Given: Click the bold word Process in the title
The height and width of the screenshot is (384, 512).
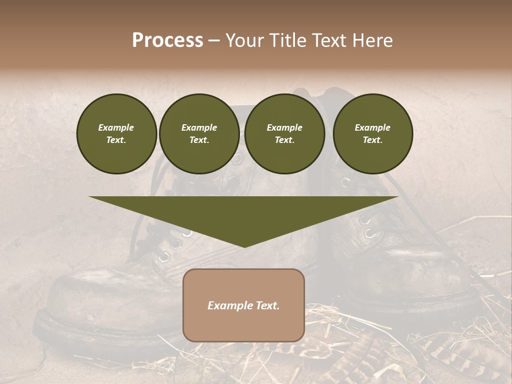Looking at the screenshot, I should [167, 41].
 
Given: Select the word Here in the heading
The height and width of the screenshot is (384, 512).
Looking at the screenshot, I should [373, 41].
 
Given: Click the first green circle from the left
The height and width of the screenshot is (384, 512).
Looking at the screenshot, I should [116, 133].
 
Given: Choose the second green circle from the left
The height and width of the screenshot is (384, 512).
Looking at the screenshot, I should [199, 133].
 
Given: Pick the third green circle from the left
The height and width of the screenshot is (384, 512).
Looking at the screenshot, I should [285, 133].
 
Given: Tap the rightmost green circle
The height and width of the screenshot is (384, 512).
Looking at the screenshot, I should [373, 133].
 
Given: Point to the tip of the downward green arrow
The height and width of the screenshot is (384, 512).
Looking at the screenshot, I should [244, 246].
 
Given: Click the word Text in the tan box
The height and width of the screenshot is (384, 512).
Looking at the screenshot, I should [268, 306].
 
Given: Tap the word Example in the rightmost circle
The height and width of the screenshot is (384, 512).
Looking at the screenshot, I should [373, 127].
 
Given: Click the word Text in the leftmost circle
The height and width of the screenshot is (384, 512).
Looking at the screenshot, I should [116, 140].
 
